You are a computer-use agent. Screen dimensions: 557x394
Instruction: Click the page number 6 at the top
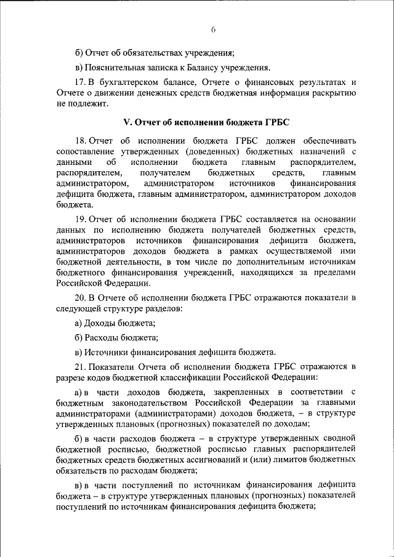(x=212, y=30)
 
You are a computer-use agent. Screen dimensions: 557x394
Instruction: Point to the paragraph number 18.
(x=80, y=140)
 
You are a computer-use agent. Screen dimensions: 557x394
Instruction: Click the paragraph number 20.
(x=80, y=297)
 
